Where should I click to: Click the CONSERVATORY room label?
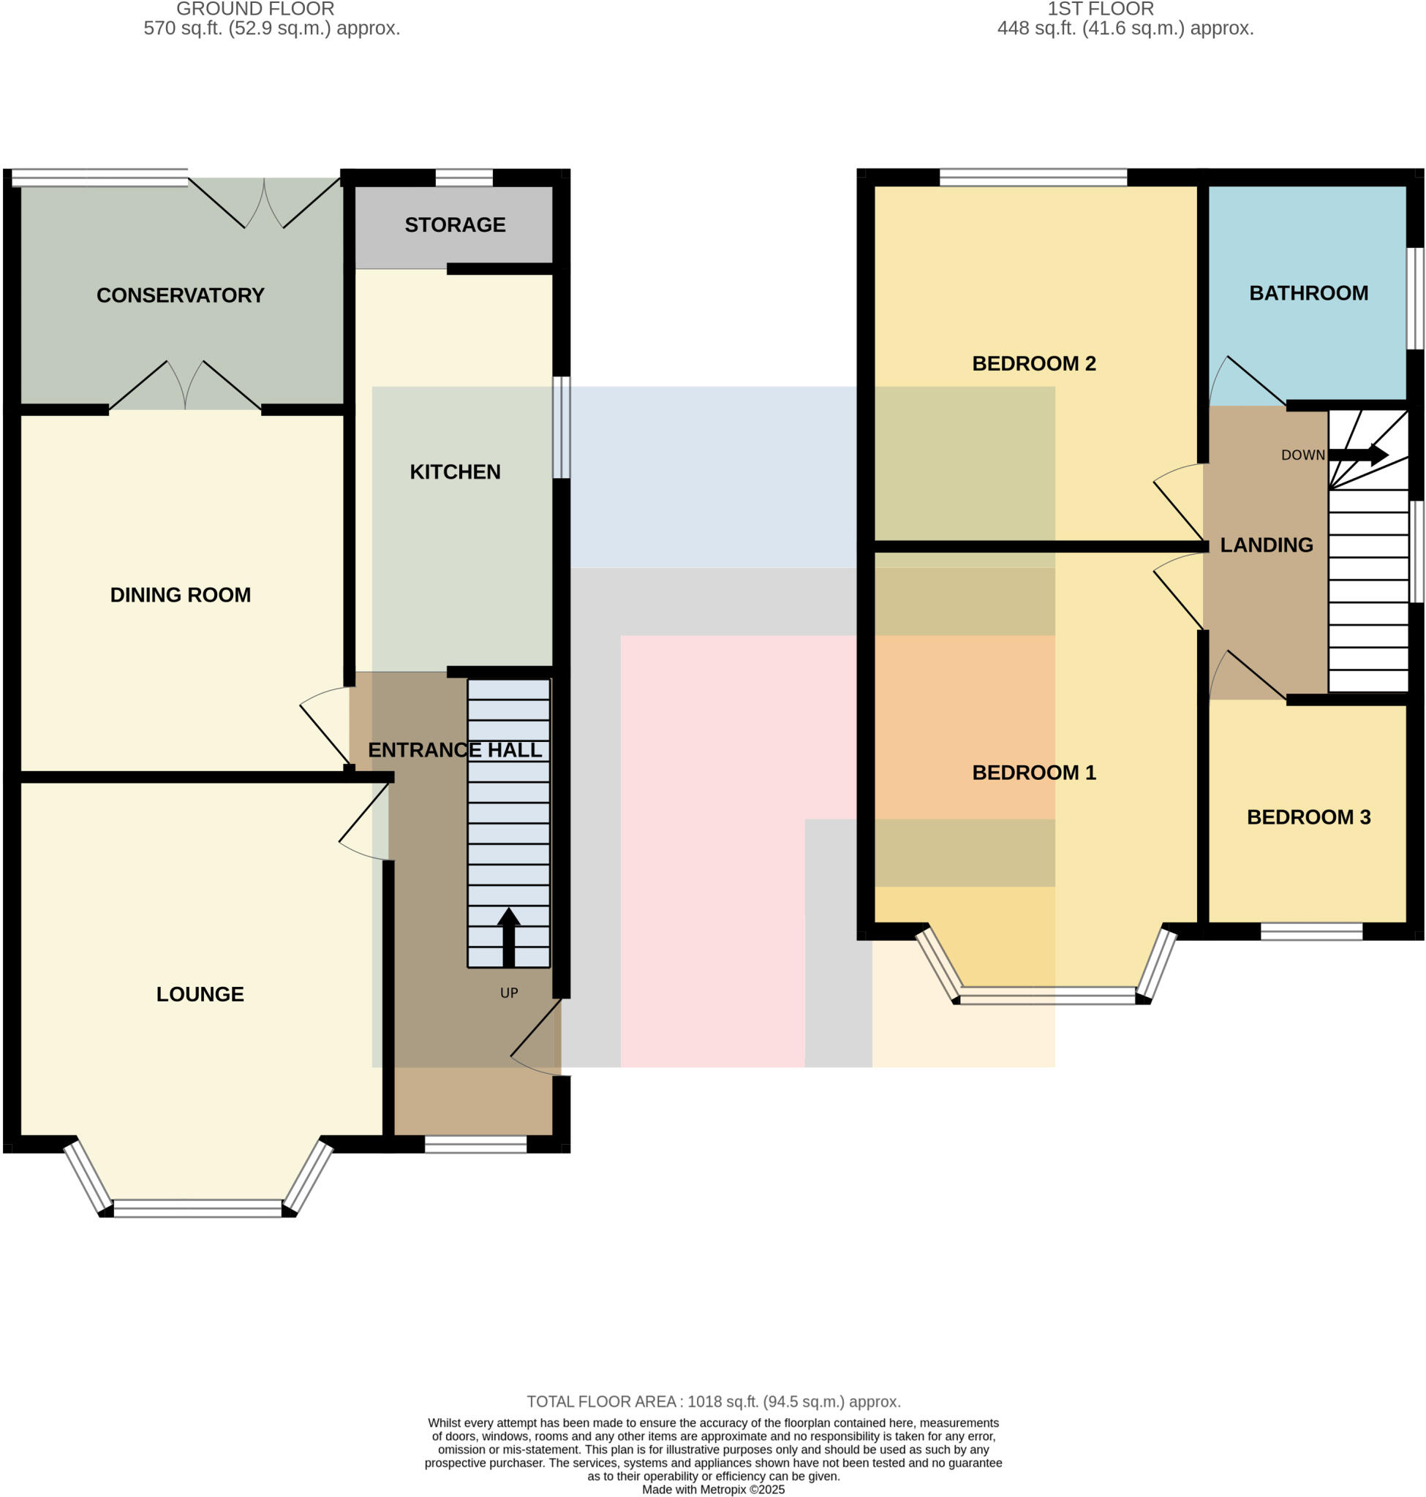tap(180, 295)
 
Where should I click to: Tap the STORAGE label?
tap(455, 225)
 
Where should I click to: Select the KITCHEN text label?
tap(455, 472)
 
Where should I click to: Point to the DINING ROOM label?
tap(180, 595)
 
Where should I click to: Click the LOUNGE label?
tap(200, 994)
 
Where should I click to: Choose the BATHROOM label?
tap(1308, 293)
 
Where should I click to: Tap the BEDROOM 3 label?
tap(1308, 817)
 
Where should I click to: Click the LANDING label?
tap(1267, 545)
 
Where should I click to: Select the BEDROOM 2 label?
tap(1034, 363)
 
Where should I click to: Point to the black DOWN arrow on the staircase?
tap(1359, 455)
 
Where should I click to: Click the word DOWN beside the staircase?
tap(1303, 455)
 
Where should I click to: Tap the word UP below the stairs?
tap(508, 993)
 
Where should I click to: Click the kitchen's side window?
tap(561, 427)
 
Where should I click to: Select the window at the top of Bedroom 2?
tap(1033, 178)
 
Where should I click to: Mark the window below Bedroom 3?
tap(1311, 931)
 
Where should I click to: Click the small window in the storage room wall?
tap(464, 178)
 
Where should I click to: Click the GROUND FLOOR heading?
tap(255, 9)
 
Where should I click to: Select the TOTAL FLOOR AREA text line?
tap(713, 1401)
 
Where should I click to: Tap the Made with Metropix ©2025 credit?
tap(713, 1490)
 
